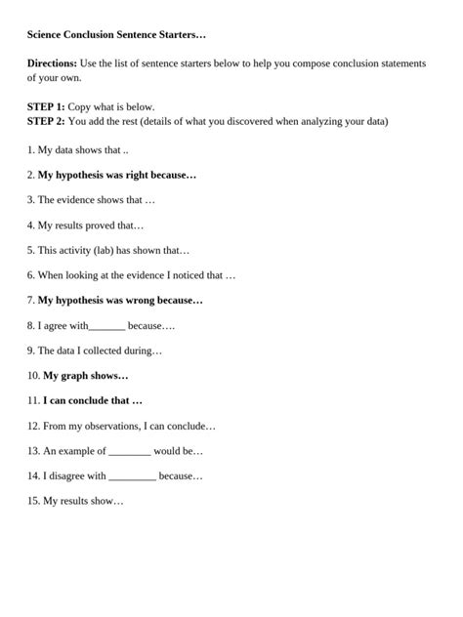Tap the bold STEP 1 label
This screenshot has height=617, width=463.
46,107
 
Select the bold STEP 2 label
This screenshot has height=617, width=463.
46,122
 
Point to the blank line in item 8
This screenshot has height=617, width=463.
106,326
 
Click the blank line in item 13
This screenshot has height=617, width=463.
130,452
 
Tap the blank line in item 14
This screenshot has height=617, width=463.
132,476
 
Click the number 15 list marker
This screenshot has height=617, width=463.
33,502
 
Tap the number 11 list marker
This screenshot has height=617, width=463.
33,401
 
